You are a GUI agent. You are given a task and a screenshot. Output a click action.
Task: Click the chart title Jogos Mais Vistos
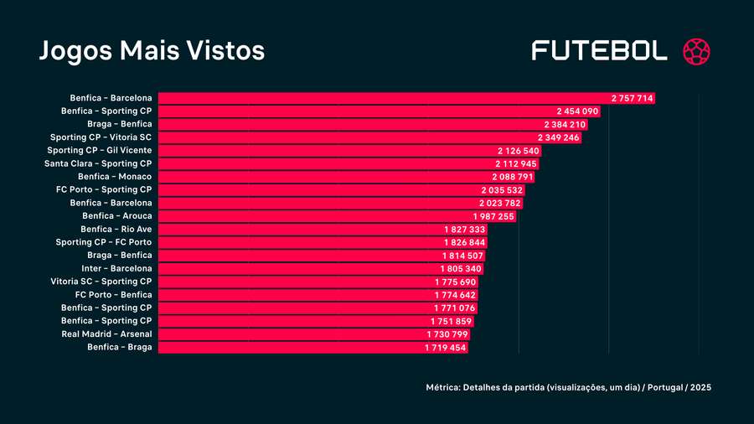point(152,50)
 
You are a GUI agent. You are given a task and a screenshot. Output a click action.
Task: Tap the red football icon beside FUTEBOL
point(697,50)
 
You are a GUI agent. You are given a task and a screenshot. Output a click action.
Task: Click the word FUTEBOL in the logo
point(600,50)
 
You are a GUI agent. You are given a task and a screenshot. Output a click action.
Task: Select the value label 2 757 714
point(632,98)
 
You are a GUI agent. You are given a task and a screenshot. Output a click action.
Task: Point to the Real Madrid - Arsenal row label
point(107,334)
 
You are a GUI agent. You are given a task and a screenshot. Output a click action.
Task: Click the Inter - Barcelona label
point(116,268)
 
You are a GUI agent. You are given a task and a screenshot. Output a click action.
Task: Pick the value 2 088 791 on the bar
point(513,177)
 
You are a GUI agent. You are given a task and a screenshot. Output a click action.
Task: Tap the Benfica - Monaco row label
point(115,177)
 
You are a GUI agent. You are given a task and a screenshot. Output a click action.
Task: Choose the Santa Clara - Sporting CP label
point(98,163)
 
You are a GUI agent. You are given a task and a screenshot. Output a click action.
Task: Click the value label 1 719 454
point(445,347)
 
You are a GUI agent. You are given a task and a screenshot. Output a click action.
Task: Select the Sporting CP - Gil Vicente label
point(100,150)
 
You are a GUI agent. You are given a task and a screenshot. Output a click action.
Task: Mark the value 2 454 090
point(577,111)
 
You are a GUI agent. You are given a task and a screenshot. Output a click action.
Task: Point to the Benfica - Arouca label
point(116,216)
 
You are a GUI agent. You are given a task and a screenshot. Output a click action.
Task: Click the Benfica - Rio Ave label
point(116,229)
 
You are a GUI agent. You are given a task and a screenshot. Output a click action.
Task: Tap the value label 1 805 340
point(461,268)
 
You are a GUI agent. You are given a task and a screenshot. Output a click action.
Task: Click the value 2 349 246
point(558,137)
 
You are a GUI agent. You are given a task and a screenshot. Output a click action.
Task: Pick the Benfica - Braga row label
point(119,347)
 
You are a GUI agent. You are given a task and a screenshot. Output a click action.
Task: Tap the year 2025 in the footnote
point(702,388)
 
